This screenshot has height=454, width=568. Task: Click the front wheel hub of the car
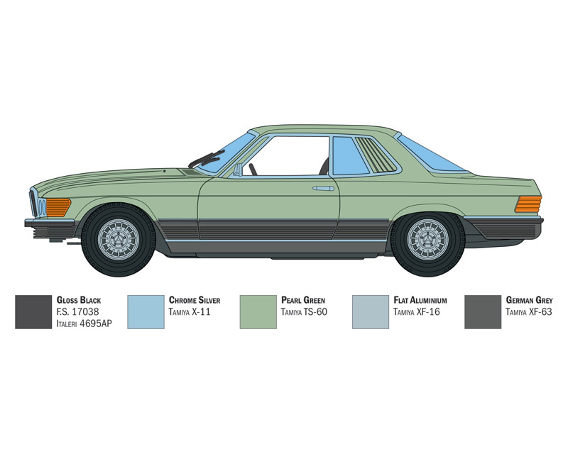(119, 239)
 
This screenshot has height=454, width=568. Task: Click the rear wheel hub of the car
(427, 239)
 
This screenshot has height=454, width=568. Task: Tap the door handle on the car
(323, 189)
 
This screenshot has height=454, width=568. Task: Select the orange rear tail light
(528, 204)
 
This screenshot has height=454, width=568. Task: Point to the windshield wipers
(207, 158)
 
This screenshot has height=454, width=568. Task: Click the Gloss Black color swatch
(33, 312)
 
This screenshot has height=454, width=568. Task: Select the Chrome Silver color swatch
(146, 312)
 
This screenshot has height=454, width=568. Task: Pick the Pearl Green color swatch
(258, 312)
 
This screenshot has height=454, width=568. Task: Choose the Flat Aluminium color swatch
(370, 312)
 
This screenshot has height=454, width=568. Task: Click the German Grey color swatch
(483, 312)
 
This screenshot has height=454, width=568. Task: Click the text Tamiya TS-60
(304, 311)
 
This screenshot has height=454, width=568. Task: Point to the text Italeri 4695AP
(84, 323)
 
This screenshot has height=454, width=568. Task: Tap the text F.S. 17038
(77, 311)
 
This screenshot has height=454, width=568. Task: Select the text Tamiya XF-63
(528, 311)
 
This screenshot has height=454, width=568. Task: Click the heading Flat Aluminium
(420, 300)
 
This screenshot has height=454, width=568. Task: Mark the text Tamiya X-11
(190, 311)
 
